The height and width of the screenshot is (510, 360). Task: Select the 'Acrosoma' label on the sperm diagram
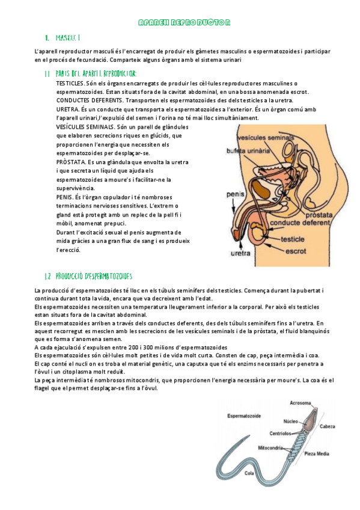[x=301, y=402]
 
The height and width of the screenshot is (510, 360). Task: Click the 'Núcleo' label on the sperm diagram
[x=291, y=422]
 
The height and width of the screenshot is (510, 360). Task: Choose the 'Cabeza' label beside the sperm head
[x=328, y=426]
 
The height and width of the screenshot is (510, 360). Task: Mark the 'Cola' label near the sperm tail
[x=249, y=473]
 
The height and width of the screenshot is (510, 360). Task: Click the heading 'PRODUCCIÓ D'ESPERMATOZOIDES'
[x=93, y=275]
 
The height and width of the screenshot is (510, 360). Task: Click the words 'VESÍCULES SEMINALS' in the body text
[x=85, y=127]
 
